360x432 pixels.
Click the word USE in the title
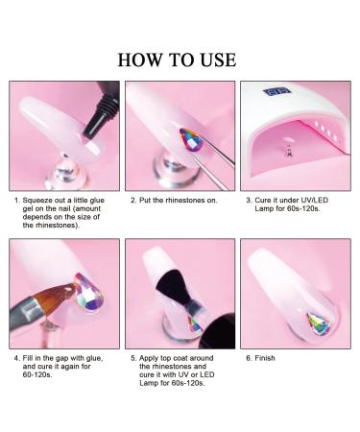click(219, 60)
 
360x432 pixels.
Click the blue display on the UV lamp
click(277, 92)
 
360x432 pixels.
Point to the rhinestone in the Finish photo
click(319, 324)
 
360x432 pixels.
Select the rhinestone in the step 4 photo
click(89, 293)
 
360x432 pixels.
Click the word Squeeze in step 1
click(36, 201)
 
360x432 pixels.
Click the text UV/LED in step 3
click(315, 201)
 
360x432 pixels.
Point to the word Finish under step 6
click(265, 358)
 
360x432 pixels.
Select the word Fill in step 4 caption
click(27, 358)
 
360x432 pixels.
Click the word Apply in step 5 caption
click(149, 358)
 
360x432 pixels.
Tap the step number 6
click(249, 358)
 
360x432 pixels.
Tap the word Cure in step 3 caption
click(262, 201)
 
